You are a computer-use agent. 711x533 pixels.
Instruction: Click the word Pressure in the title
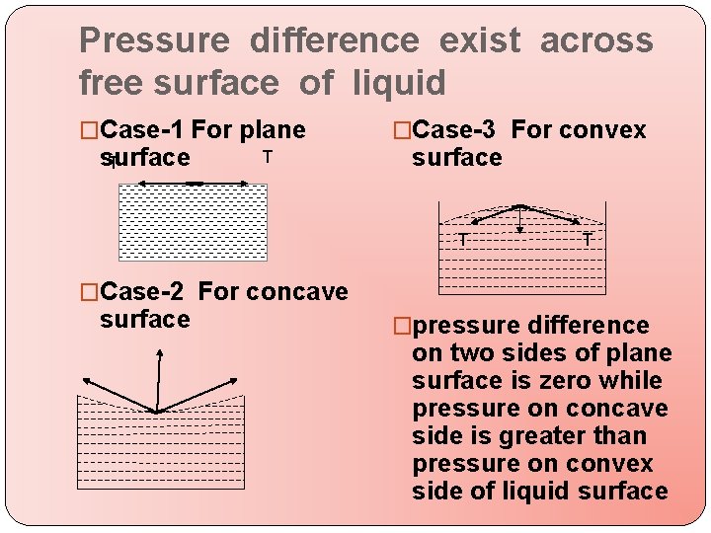coord(154,41)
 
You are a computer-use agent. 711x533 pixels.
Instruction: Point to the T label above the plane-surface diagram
coord(267,156)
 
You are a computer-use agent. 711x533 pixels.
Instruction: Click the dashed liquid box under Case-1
coord(193,222)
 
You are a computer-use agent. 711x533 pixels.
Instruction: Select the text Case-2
coord(143,291)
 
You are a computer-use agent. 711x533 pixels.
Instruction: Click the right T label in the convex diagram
coord(588,240)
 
